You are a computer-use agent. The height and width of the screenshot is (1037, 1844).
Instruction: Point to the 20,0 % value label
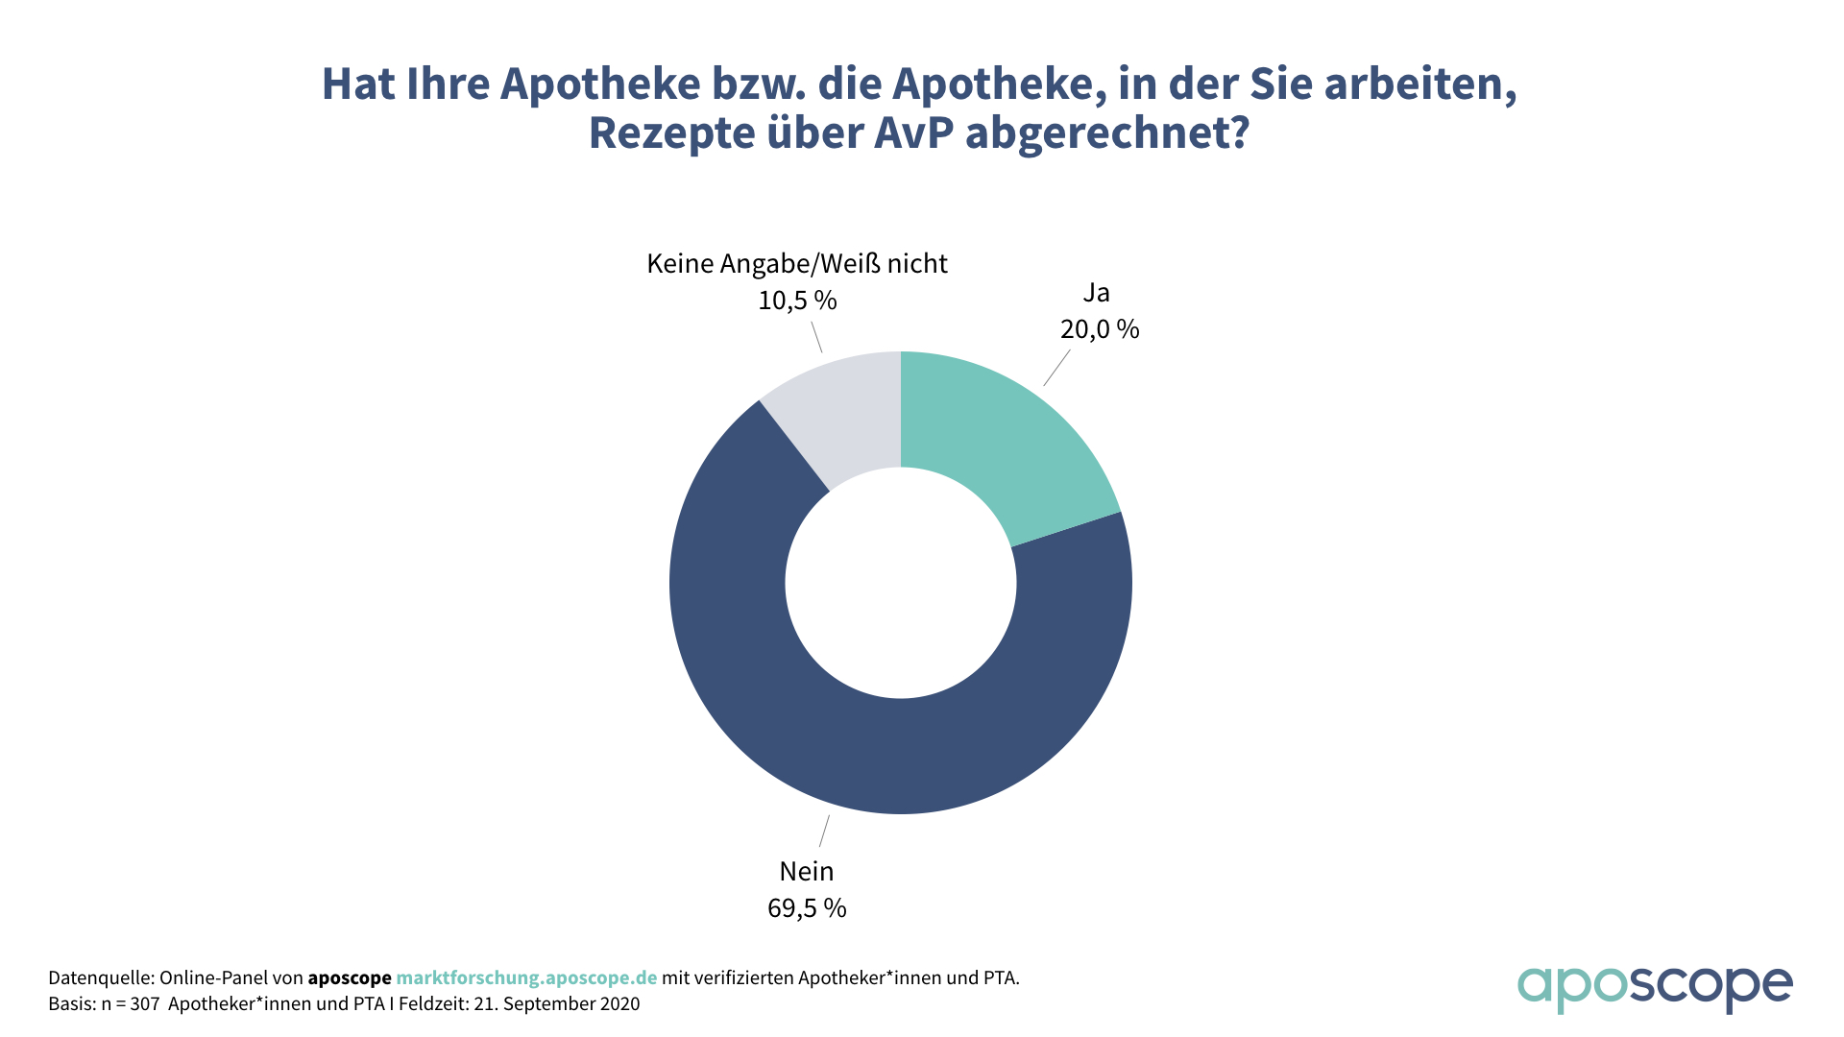1100,329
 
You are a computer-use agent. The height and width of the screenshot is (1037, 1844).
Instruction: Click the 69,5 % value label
807,908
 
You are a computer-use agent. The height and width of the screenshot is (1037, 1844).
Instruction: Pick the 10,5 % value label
797,301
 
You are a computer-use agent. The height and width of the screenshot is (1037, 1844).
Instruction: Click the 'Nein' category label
807,871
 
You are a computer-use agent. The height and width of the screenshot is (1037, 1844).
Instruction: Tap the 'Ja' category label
1096,293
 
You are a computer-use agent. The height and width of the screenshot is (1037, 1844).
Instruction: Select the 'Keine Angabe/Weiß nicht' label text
797,263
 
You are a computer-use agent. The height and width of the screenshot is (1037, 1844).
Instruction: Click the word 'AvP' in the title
913,133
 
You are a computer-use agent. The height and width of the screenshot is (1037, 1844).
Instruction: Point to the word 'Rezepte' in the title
671,133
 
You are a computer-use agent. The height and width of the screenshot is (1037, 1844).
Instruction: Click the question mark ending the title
1239,133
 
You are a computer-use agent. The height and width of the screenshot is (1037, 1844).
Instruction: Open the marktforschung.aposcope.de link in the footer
526,977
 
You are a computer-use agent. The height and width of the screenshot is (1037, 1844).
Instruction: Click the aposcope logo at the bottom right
1654,988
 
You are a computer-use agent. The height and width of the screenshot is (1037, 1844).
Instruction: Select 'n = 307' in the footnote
130,1003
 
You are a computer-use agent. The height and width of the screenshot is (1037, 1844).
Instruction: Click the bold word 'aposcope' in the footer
350,977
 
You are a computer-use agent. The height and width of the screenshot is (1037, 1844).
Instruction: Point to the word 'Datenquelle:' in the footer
101,977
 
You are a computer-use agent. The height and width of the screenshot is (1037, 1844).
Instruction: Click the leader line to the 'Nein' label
824,832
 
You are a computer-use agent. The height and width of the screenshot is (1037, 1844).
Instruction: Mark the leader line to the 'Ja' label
1056,368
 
